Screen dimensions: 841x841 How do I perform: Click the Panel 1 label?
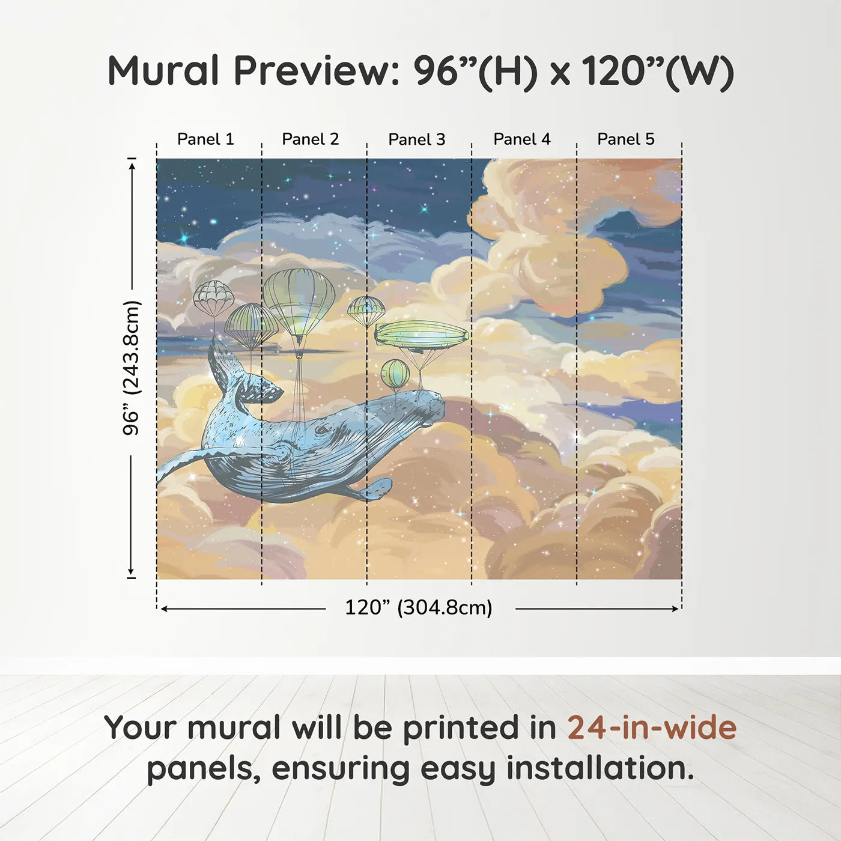tap(205, 139)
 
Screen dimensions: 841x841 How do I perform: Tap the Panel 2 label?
tap(311, 139)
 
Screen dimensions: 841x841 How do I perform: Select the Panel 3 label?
tap(417, 140)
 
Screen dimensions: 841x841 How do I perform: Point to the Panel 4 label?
tap(522, 139)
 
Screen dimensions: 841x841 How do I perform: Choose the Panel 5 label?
tap(626, 139)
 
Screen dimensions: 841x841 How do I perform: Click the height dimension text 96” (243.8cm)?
tap(131, 368)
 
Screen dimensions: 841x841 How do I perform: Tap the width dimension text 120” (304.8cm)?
tap(419, 608)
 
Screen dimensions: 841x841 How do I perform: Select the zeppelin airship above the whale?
tap(422, 334)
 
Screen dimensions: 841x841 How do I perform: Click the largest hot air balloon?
tap(299, 300)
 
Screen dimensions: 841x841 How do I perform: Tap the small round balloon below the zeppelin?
tap(395, 374)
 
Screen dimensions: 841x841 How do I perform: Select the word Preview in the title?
tap(312, 71)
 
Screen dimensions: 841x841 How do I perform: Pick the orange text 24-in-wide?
tap(652, 728)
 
